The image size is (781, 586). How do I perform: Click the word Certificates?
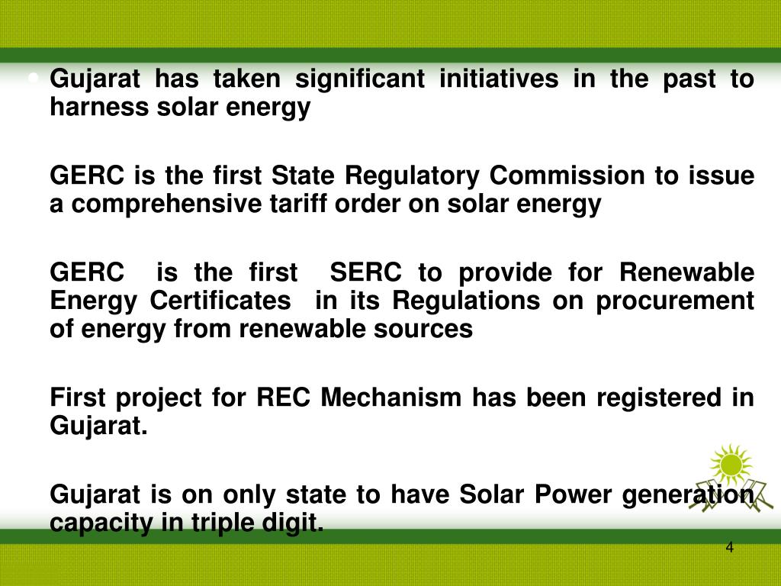point(220,301)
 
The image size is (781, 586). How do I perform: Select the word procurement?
point(675,301)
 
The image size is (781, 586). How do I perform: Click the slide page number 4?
point(730,549)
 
